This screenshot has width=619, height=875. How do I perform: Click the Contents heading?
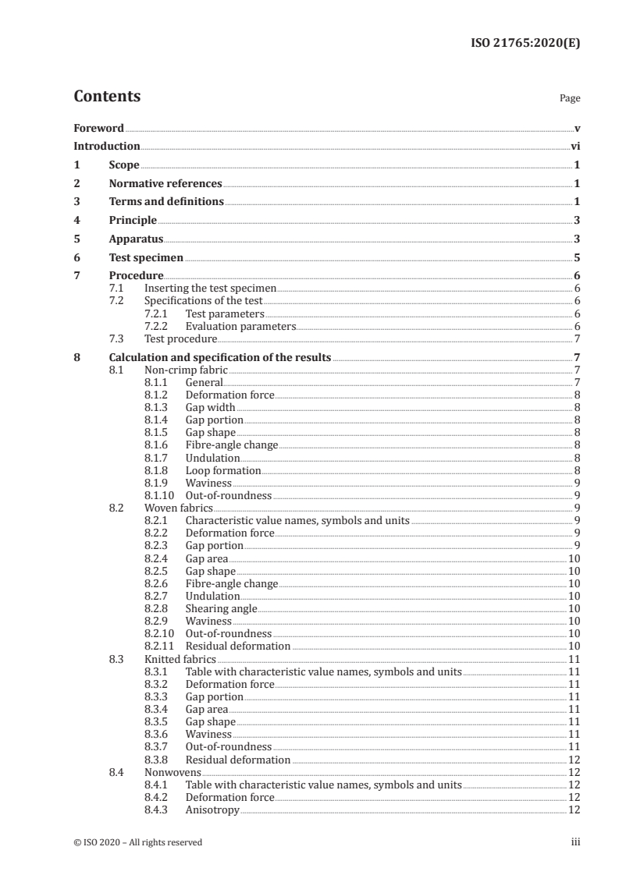pos(107,97)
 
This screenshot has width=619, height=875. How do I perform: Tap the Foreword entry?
pos(98,128)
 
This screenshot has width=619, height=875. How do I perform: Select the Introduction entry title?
pos(106,146)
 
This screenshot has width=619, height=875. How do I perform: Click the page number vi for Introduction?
pos(575,146)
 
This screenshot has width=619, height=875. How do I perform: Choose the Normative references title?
pos(165,184)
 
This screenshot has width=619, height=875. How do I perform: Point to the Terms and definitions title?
pos(166,202)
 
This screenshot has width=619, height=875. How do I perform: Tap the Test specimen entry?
pos(146,257)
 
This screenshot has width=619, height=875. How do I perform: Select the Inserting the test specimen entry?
pos(211,289)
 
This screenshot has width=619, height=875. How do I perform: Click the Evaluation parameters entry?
pos(240,326)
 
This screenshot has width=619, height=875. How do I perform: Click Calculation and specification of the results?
pos(220,358)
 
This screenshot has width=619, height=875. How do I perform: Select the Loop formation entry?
pos(222,470)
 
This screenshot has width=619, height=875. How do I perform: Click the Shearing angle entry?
pos(221,608)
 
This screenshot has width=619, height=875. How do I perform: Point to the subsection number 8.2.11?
pos(161,646)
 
